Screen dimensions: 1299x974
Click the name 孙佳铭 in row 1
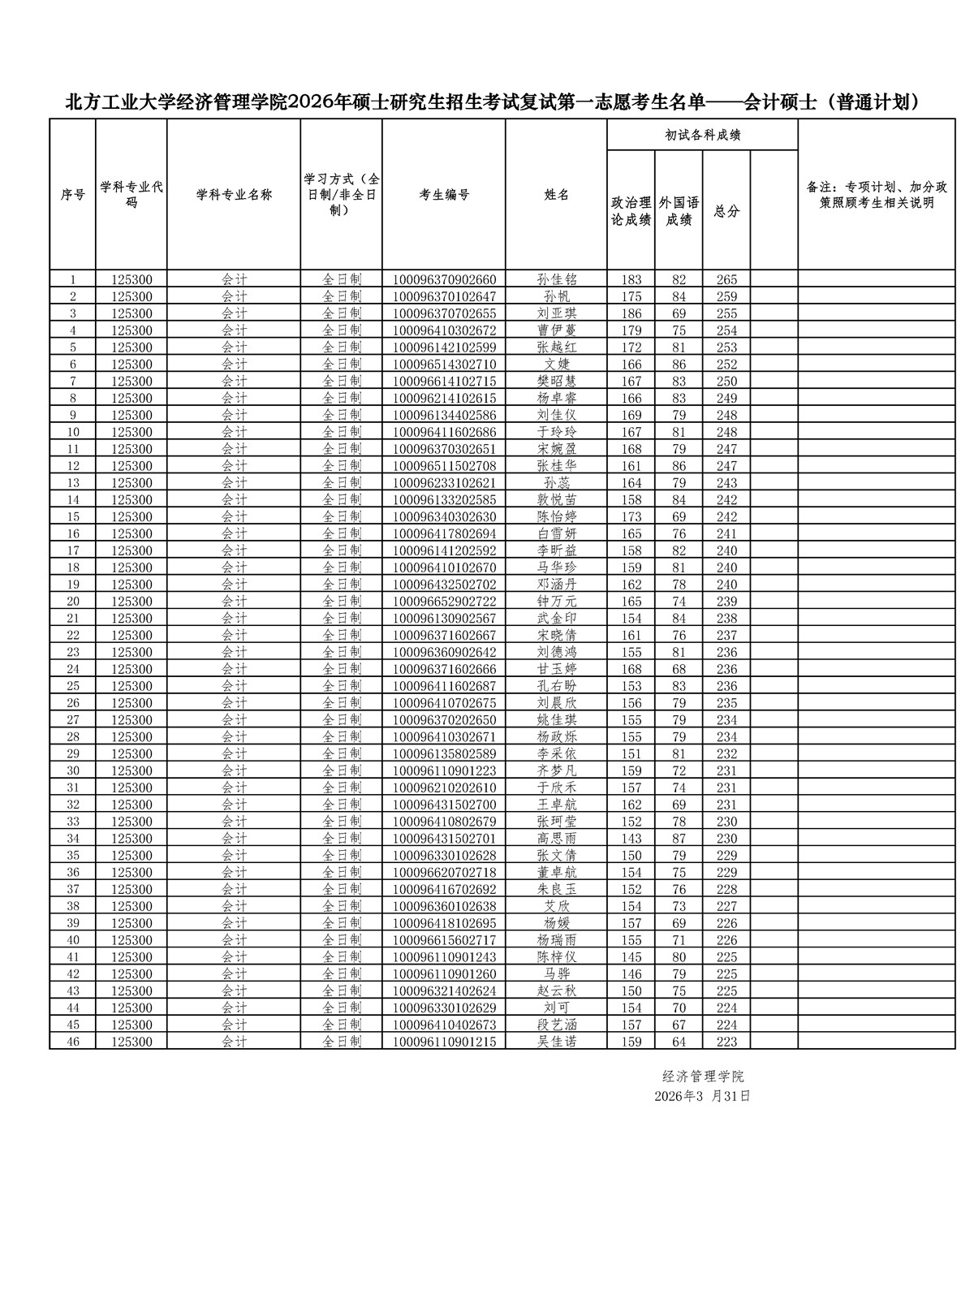pyautogui.click(x=557, y=279)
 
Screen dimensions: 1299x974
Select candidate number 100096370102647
pyautogui.click(x=444, y=296)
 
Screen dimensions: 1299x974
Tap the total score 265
pyautogui.click(x=726, y=279)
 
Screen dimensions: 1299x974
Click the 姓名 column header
pyautogui.click(x=557, y=195)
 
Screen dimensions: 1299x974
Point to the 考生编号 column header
pyautogui.click(x=444, y=195)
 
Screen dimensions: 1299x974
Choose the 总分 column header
pyautogui.click(x=726, y=211)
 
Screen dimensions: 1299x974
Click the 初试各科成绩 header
pyautogui.click(x=703, y=136)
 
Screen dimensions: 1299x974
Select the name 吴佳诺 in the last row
pyautogui.click(x=557, y=1042)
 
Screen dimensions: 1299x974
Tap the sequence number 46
pyautogui.click(x=73, y=1042)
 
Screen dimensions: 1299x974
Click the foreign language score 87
pyautogui.click(x=679, y=839)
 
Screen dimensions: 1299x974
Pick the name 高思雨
pyautogui.click(x=557, y=839)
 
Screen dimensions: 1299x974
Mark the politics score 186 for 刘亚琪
pyautogui.click(x=631, y=313)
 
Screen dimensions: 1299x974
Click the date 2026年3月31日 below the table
pyautogui.click(x=703, y=1096)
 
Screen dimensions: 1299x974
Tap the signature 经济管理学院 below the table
pyautogui.click(x=703, y=1077)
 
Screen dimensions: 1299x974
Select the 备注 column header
pyautogui.click(x=877, y=195)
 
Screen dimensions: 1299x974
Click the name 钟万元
pyautogui.click(x=557, y=602)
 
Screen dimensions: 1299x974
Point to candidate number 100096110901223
pyautogui.click(x=444, y=771)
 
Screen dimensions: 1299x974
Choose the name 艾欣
pyautogui.click(x=557, y=906)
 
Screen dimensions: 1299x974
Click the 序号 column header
pyautogui.click(x=73, y=195)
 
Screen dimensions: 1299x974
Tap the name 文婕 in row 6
pyautogui.click(x=557, y=365)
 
